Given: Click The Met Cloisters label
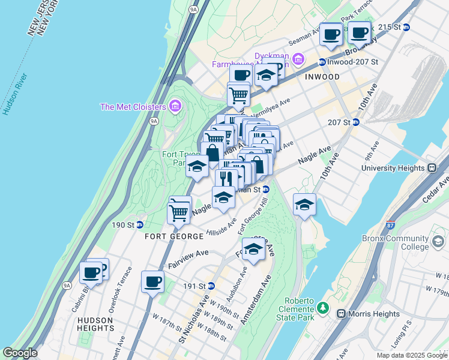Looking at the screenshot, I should [x=133, y=107].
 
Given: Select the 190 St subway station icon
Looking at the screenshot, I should [x=139, y=225].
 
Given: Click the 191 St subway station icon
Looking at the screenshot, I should [x=211, y=286].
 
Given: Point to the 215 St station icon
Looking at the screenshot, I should [x=406, y=27].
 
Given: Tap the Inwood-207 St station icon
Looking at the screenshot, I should [x=322, y=62].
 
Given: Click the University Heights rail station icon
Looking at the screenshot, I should [x=429, y=168].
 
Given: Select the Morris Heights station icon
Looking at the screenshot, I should [x=341, y=314].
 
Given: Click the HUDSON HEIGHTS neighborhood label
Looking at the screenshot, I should [x=95, y=324].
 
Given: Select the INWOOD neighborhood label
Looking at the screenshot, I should [x=322, y=77].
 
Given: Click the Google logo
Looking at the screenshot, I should [x=20, y=353].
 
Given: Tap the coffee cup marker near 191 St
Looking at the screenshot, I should [x=152, y=281].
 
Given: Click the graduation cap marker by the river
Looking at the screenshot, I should [x=304, y=205].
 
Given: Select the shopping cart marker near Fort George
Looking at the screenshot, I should [x=178, y=211].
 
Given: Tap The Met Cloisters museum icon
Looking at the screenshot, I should [x=175, y=107].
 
